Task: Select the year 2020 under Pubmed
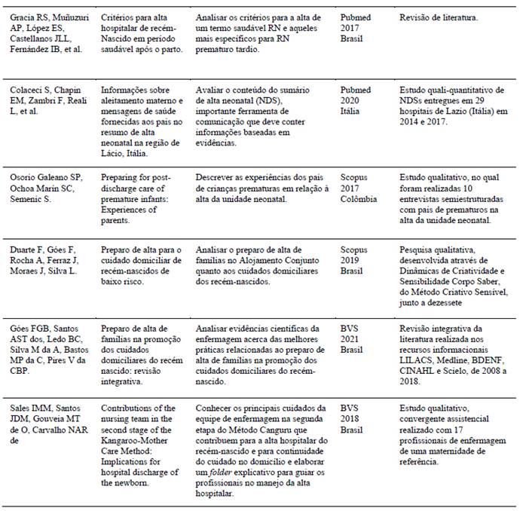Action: click(350, 100)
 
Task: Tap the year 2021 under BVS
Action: click(350, 338)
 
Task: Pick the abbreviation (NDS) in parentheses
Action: click(269, 100)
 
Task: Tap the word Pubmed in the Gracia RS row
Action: click(355, 16)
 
